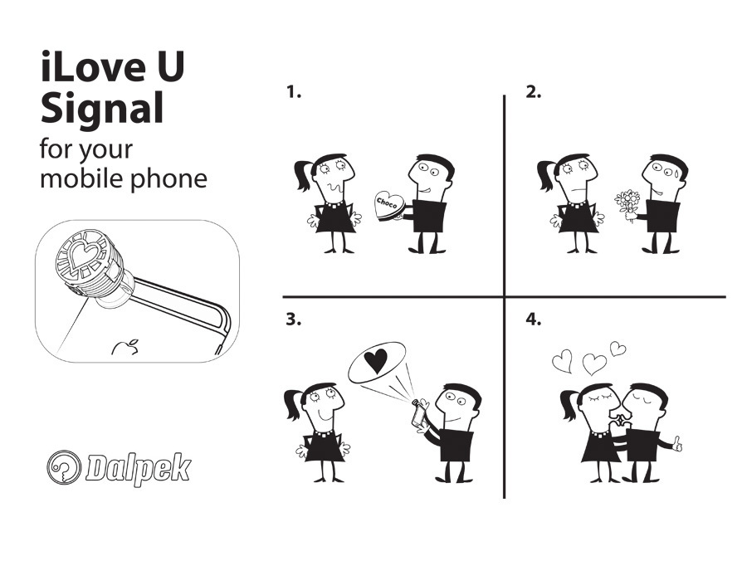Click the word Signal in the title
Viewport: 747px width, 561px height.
click(x=102, y=109)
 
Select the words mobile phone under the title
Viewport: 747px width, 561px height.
click(x=124, y=179)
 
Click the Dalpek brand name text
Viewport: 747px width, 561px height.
click(x=139, y=469)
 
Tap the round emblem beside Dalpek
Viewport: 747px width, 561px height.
click(x=64, y=467)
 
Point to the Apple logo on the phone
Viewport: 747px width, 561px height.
click(x=126, y=347)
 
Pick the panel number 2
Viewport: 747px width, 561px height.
click(x=533, y=92)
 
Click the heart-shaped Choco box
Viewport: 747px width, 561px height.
click(x=389, y=206)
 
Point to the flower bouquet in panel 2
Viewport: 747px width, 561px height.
click(x=628, y=205)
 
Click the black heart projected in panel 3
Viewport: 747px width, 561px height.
click(x=376, y=361)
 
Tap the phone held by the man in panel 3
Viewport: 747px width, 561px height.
click(x=419, y=413)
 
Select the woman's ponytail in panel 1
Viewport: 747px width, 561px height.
click(x=304, y=174)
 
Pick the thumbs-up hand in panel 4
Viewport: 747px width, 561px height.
click(x=676, y=445)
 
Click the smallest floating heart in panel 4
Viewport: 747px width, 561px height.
click(x=618, y=349)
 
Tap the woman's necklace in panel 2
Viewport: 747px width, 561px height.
click(x=577, y=204)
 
